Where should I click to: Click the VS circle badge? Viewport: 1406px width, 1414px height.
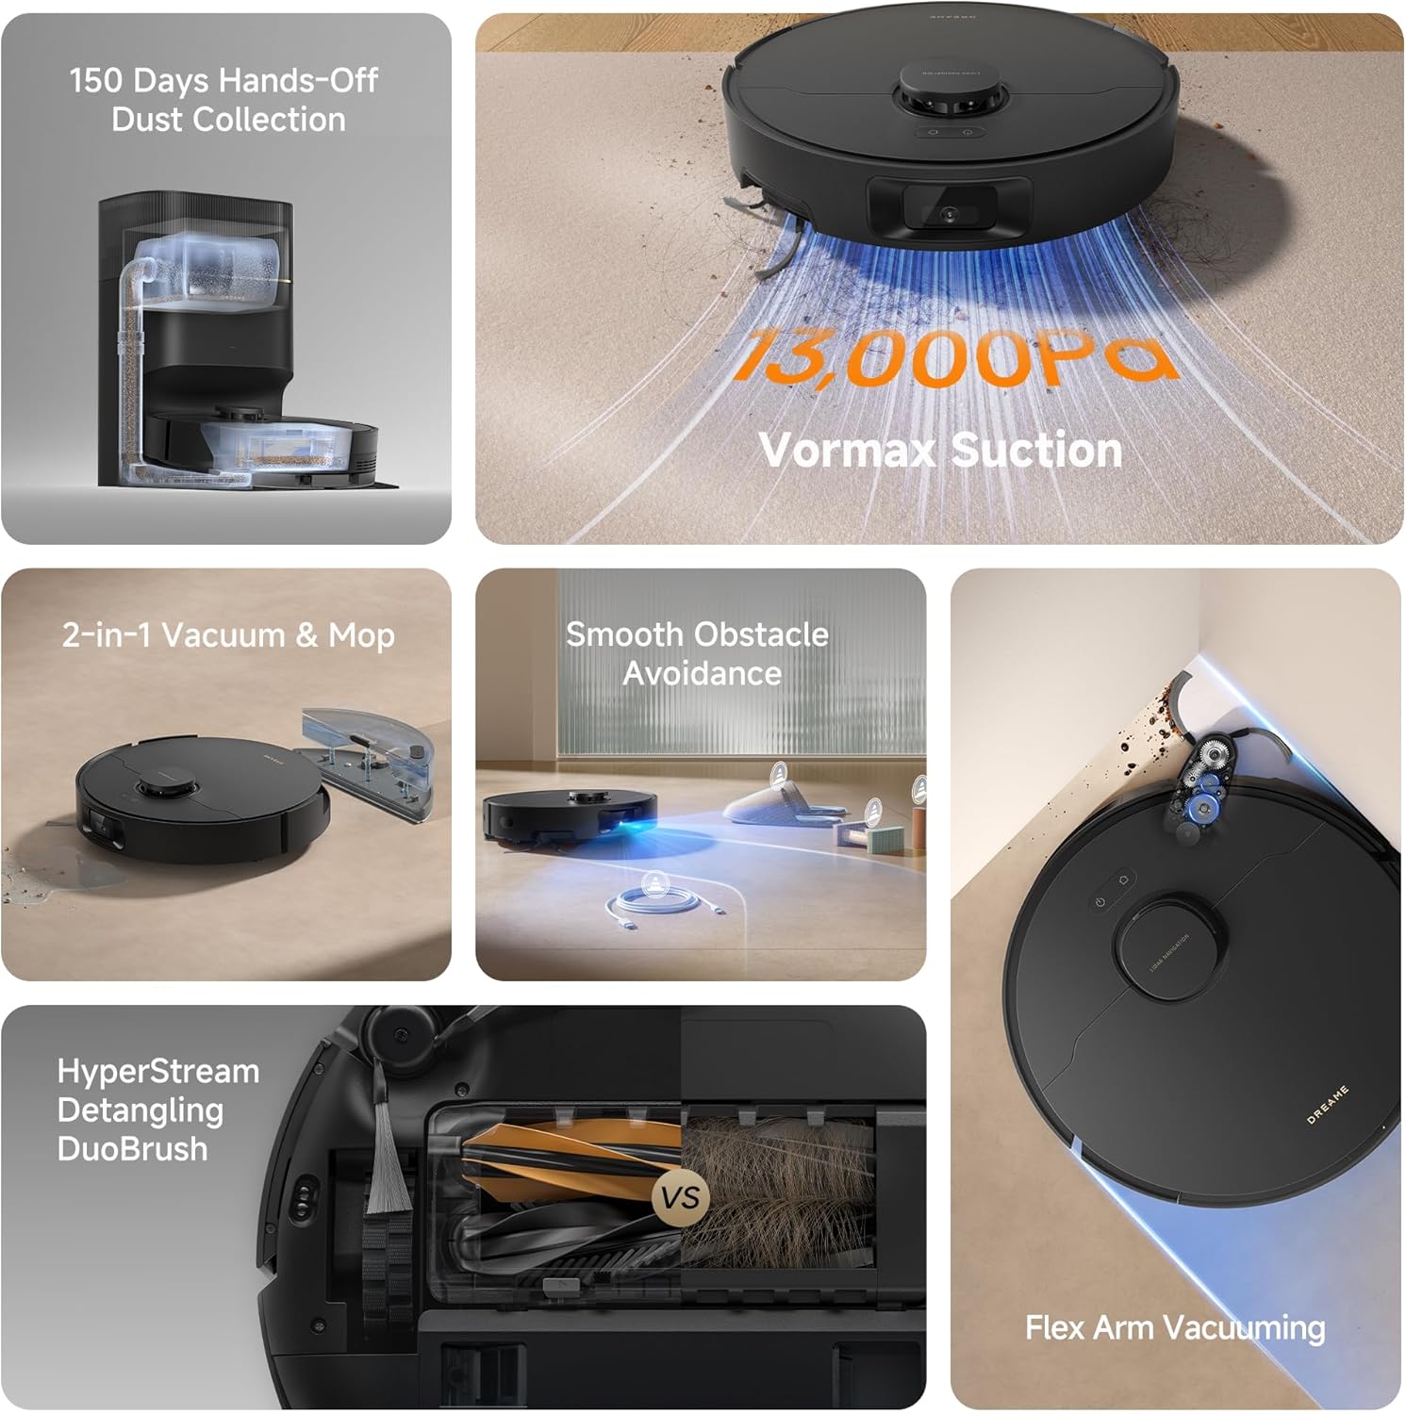click(680, 1197)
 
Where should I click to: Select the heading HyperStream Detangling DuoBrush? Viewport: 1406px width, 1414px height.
click(157, 1110)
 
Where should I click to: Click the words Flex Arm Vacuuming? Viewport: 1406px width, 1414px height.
click(1174, 1327)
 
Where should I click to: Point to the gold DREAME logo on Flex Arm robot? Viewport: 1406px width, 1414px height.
click(1327, 1105)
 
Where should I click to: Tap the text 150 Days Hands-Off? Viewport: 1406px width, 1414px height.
click(223, 80)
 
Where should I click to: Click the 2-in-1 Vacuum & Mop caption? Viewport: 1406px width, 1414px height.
click(227, 634)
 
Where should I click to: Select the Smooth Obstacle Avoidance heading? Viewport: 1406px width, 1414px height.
click(698, 653)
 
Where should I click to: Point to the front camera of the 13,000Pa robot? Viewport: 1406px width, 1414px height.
click(949, 213)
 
